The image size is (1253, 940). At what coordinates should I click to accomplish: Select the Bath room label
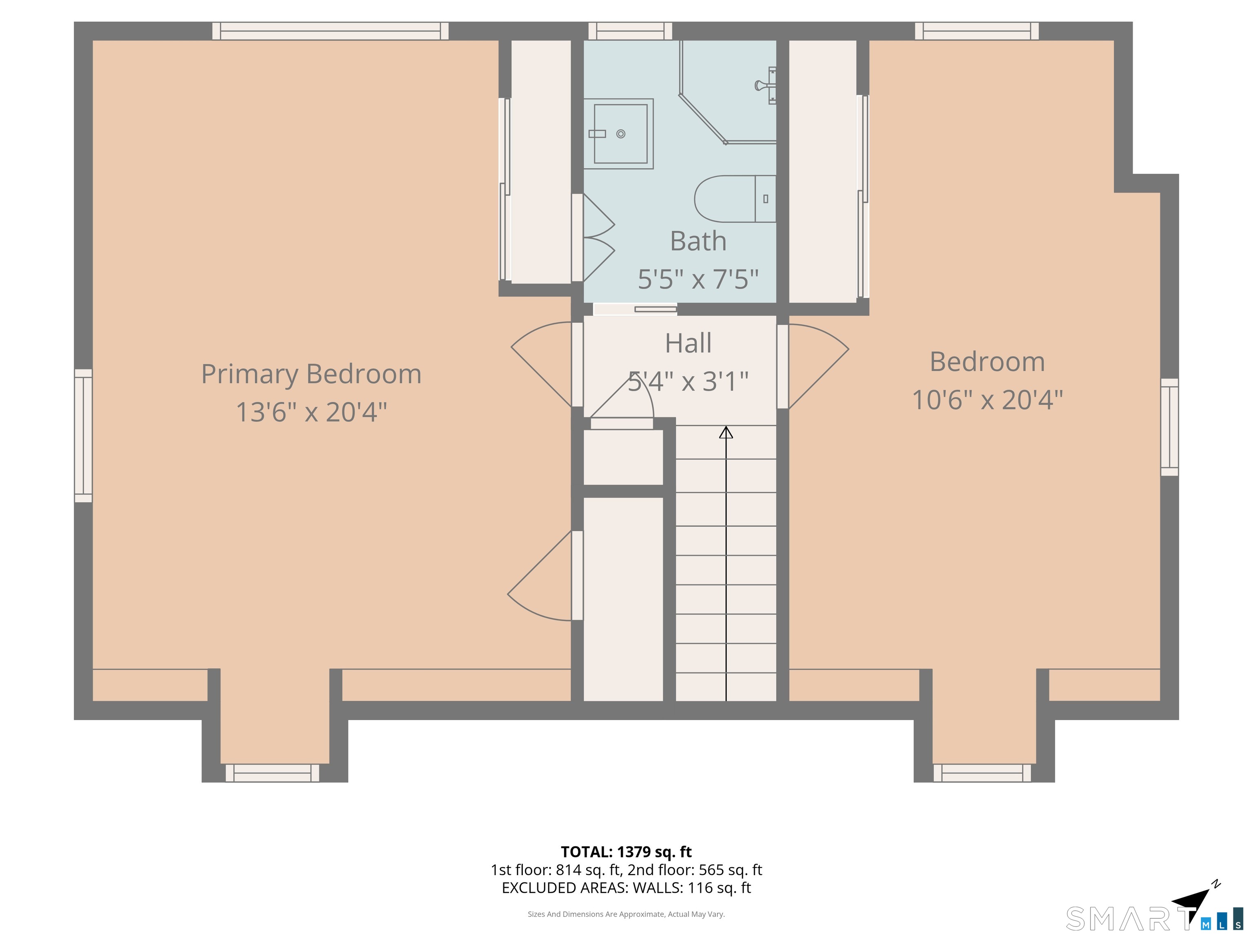pyautogui.click(x=698, y=242)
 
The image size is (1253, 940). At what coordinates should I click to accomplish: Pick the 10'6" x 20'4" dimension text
pyautogui.click(x=987, y=400)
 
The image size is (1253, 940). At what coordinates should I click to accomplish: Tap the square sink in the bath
pyautogui.click(x=619, y=134)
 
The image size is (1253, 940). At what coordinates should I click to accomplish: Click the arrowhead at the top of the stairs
pyautogui.click(x=726, y=433)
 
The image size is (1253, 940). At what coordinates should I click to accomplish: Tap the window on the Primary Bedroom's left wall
pyautogui.click(x=83, y=436)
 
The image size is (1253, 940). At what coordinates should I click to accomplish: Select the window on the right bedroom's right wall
pyautogui.click(x=1170, y=427)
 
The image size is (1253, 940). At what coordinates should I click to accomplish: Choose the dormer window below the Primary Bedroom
pyautogui.click(x=272, y=773)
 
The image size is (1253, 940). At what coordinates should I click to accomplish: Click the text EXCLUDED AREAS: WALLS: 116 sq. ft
pyautogui.click(x=626, y=888)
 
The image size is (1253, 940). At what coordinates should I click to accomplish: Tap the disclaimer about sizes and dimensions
pyautogui.click(x=626, y=914)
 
